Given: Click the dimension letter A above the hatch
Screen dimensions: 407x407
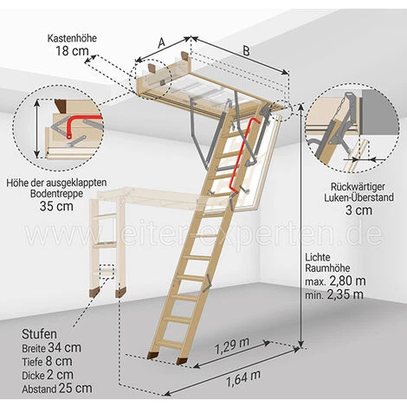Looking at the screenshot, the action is pos(161,42).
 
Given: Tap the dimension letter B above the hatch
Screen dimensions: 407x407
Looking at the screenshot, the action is pos(246,51).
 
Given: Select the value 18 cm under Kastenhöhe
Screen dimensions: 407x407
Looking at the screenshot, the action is pos(72,51).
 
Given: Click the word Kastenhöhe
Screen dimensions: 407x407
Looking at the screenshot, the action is pos(72,38).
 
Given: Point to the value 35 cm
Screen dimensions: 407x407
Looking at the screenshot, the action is pos(56,206).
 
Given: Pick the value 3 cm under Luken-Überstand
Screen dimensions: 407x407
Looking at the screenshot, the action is pos(359,210).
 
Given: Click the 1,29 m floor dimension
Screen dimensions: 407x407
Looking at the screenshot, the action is pos(232,346).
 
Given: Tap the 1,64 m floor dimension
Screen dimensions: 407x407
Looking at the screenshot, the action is pos(243,378).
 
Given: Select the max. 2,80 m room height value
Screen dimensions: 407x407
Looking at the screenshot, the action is pos(335,281).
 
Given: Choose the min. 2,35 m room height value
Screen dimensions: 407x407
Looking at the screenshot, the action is pos(334,294).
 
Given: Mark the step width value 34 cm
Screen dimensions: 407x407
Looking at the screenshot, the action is pos(64,347).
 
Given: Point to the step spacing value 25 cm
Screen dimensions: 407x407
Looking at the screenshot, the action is pos(75,388).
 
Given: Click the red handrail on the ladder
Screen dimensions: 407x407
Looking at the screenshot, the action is pos(242,156).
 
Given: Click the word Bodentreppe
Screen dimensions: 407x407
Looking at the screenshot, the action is pos(56,194).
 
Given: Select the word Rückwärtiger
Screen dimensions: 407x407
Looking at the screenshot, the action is pos(358,187).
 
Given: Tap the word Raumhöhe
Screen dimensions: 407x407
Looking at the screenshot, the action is pos(327,268).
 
